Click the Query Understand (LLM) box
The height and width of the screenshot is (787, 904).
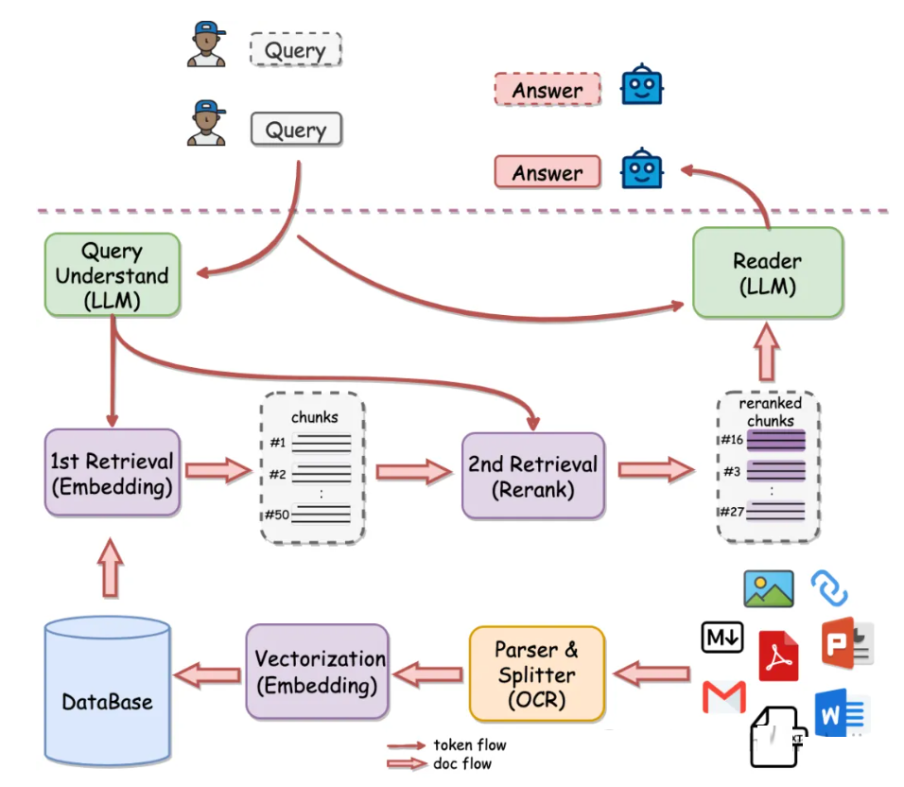click(112, 275)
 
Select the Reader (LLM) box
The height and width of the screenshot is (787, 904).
click(767, 272)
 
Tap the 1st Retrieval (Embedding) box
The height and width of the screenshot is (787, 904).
click(113, 473)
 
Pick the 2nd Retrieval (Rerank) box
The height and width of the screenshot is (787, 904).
click(532, 476)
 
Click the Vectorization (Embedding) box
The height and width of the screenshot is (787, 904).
click(319, 671)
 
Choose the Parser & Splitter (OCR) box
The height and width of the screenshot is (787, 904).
click(536, 673)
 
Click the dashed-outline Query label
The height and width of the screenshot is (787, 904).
click(295, 49)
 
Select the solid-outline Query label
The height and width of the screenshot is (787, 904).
click(295, 130)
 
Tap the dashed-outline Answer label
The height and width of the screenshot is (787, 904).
click(547, 90)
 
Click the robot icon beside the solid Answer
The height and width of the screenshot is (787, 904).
click(641, 169)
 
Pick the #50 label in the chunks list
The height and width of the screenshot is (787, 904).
click(277, 514)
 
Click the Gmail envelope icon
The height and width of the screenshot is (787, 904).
click(724, 698)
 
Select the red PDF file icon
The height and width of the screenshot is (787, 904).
click(778, 655)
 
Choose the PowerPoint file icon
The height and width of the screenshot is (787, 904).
click(846, 642)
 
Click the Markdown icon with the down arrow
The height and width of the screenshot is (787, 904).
click(722, 638)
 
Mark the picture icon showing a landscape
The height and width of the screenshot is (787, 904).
click(768, 588)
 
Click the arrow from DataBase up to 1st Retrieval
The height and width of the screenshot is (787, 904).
click(111, 568)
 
